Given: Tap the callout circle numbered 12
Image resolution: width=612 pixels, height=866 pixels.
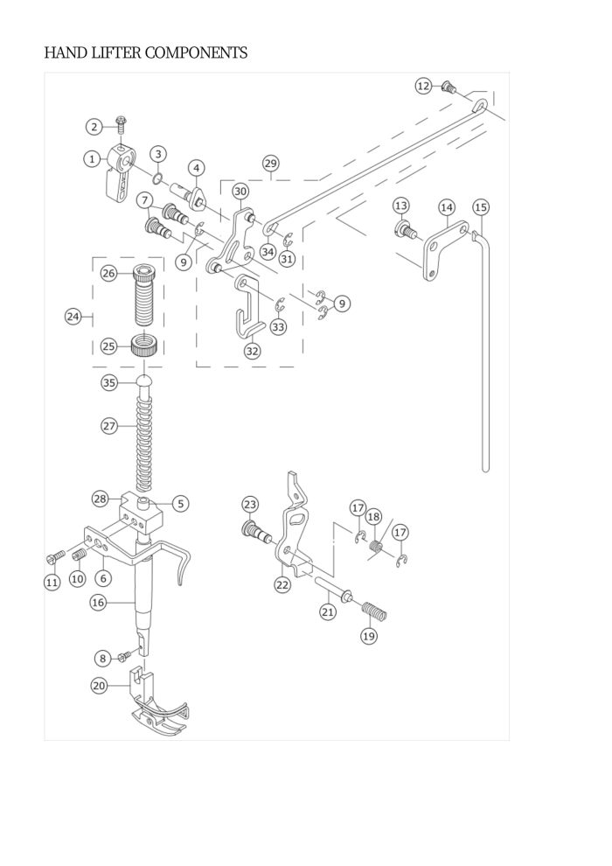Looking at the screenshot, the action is [x=423, y=86].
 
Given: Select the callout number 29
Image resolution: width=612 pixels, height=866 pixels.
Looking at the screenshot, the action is [x=270, y=164].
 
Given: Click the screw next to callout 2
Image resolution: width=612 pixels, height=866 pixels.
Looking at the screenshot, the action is [x=121, y=124].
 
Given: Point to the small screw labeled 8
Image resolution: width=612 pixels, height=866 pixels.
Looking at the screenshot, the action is [x=125, y=656].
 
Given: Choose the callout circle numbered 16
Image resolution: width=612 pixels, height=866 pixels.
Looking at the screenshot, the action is [x=98, y=603].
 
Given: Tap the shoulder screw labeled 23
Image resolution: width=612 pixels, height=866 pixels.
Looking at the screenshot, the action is [x=254, y=528].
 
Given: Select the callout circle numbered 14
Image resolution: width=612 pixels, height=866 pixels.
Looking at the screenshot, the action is [x=447, y=207].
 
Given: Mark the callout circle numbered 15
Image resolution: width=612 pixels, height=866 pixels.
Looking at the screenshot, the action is [x=481, y=207].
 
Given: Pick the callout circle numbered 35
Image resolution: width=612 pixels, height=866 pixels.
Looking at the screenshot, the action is [x=109, y=382].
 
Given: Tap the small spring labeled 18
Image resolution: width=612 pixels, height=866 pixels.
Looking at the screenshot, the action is [x=376, y=546].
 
